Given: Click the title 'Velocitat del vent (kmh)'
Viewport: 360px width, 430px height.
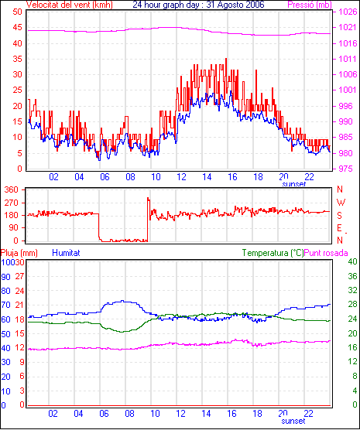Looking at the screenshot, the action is coord(69,5).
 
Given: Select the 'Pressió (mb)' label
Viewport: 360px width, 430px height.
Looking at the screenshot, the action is coord(310,5).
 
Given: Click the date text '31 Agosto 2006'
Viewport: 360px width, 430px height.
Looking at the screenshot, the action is coord(235,5).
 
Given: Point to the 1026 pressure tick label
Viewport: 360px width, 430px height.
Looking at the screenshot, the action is coord(348,12).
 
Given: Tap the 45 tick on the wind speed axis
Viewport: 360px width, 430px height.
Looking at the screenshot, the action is coord(17,27).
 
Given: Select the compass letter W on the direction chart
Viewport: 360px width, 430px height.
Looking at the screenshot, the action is coord(341,203).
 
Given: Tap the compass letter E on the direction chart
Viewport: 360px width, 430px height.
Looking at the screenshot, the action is coord(339,228).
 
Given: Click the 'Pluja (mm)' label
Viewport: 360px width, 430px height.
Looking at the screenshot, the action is coord(19,253).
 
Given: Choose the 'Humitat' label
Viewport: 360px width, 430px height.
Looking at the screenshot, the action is coord(66,253).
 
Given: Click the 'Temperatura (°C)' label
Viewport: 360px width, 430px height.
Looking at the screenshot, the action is coord(273,253).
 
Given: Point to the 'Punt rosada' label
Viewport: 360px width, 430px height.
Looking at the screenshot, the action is coord(326,253).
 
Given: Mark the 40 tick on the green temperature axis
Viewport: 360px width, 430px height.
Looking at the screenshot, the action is coord(352,261).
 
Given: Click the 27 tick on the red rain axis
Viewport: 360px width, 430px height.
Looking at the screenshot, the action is coord(19,276).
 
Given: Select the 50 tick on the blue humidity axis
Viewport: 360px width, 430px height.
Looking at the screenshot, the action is coord(5,334).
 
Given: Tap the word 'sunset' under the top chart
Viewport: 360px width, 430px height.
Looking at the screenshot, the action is coord(294,184).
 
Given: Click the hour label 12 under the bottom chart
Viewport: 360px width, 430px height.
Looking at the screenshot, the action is coord(180,413).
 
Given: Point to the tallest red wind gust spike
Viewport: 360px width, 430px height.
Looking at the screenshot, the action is coord(226,59).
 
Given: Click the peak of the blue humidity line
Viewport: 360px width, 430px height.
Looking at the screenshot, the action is coord(122,301).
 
